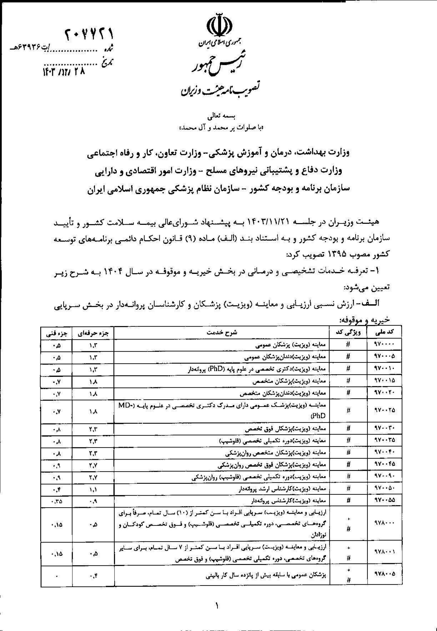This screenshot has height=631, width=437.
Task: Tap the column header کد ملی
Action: pyautogui.click(x=384, y=333)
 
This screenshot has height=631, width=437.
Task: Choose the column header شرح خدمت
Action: pyautogui.click(x=222, y=333)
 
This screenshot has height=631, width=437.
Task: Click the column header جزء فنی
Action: pyautogui.click(x=56, y=333)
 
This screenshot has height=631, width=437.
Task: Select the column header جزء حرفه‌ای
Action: pyautogui.click(x=93, y=333)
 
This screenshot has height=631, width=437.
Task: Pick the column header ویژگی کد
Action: pyautogui.click(x=348, y=333)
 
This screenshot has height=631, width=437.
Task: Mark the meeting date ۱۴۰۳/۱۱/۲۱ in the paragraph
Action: pyautogui.click(x=245, y=222)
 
